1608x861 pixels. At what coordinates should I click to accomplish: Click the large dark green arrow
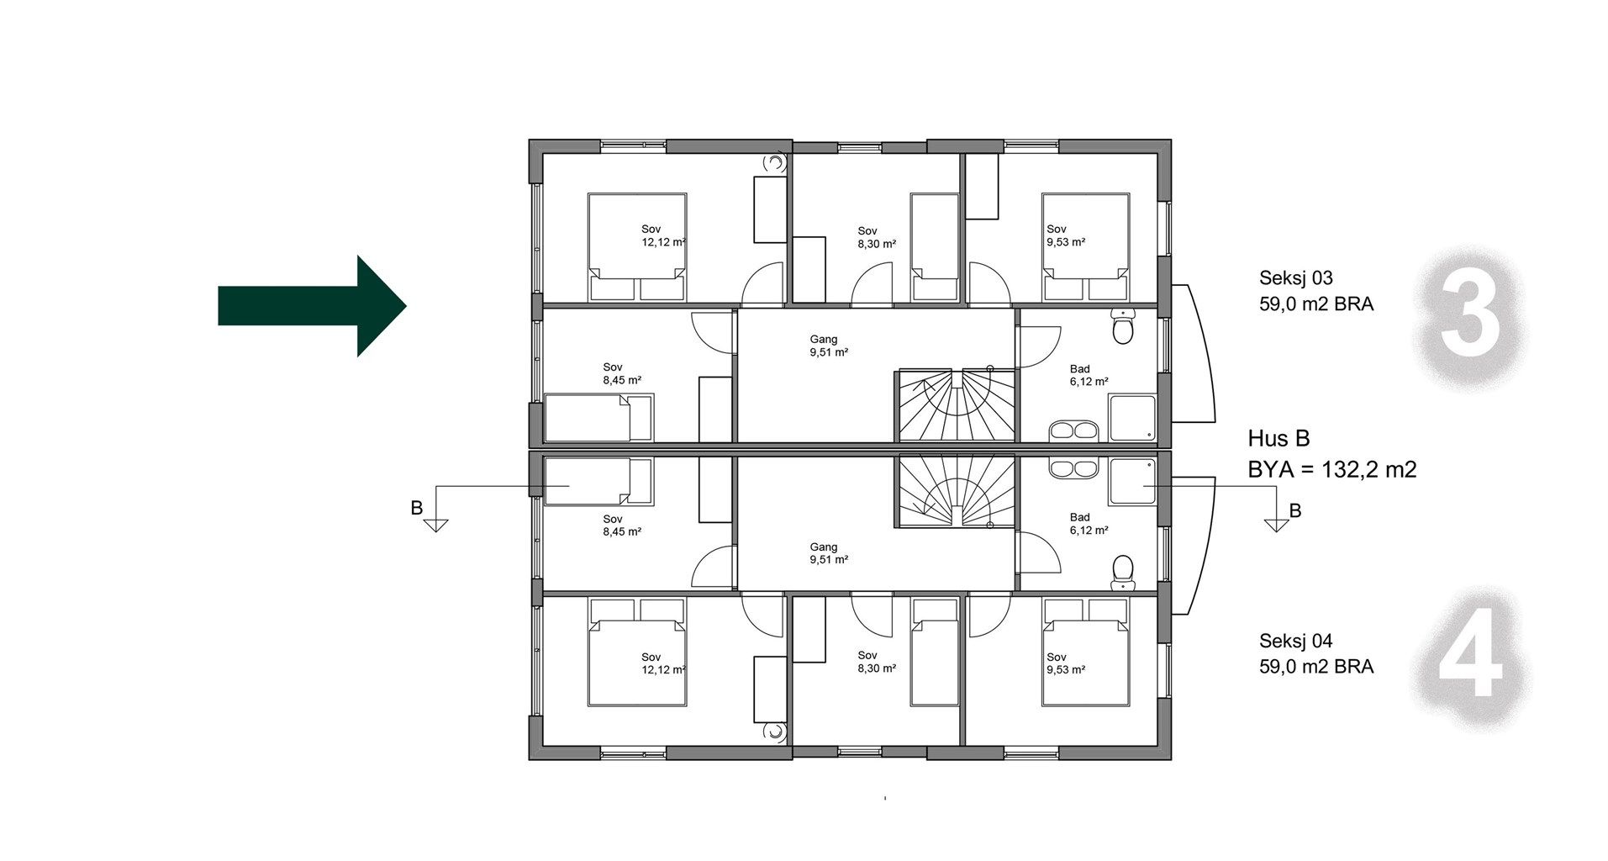pyautogui.click(x=313, y=305)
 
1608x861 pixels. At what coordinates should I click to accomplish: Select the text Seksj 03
pyautogui.click(x=1295, y=278)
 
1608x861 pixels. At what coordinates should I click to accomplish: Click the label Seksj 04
pyautogui.click(x=1295, y=641)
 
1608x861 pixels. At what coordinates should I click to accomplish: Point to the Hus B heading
pyautogui.click(x=1278, y=438)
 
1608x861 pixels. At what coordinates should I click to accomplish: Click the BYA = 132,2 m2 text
pyautogui.click(x=1332, y=469)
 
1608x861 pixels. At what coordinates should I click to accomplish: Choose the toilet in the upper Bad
pyautogui.click(x=1122, y=326)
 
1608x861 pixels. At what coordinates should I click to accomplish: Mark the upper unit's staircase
pyautogui.click(x=953, y=405)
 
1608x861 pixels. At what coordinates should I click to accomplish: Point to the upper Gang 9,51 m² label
pyautogui.click(x=828, y=346)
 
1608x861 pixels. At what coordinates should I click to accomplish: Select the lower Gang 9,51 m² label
pyautogui.click(x=828, y=553)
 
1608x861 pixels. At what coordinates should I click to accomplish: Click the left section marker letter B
pyautogui.click(x=416, y=508)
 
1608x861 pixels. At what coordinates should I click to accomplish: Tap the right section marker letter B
pyautogui.click(x=1295, y=510)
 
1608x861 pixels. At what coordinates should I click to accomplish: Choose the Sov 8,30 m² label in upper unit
pyautogui.click(x=876, y=237)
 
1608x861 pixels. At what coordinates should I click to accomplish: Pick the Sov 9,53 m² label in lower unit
pyautogui.click(x=1065, y=663)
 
